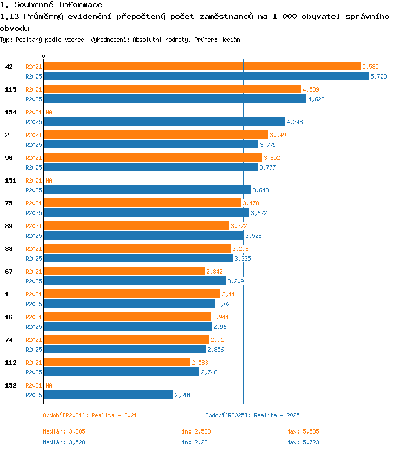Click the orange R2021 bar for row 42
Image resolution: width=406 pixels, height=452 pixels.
click(x=202, y=67)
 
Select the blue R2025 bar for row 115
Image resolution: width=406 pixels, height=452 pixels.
click(x=175, y=99)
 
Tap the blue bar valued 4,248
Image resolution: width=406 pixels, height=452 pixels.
click(x=165, y=121)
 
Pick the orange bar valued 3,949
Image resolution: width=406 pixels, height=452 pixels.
click(x=156, y=134)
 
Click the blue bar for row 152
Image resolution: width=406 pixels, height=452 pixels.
click(x=109, y=395)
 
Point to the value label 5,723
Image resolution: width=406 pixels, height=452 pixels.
click(x=378, y=76)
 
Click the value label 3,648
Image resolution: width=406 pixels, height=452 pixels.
click(x=260, y=190)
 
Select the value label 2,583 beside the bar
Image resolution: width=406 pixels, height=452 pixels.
click(x=200, y=363)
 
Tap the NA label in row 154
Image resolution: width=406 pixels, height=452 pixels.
click(x=49, y=112)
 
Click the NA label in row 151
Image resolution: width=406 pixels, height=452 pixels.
click(x=49, y=180)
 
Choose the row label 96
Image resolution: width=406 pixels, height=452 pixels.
click(x=9, y=158)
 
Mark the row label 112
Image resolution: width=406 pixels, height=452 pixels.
click(x=11, y=363)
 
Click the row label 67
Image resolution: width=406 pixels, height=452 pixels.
click(x=9, y=272)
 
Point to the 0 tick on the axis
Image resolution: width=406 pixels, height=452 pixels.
click(x=43, y=56)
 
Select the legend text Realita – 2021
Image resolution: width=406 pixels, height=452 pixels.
click(x=114, y=415)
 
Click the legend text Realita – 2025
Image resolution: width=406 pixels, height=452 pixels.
click(x=277, y=415)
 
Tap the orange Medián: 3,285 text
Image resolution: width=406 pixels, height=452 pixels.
click(x=64, y=431)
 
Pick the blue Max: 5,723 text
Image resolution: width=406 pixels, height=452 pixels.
click(x=303, y=442)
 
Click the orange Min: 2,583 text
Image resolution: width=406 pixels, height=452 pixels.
click(x=195, y=431)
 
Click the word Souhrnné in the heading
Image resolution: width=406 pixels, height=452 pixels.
click(x=34, y=5)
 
